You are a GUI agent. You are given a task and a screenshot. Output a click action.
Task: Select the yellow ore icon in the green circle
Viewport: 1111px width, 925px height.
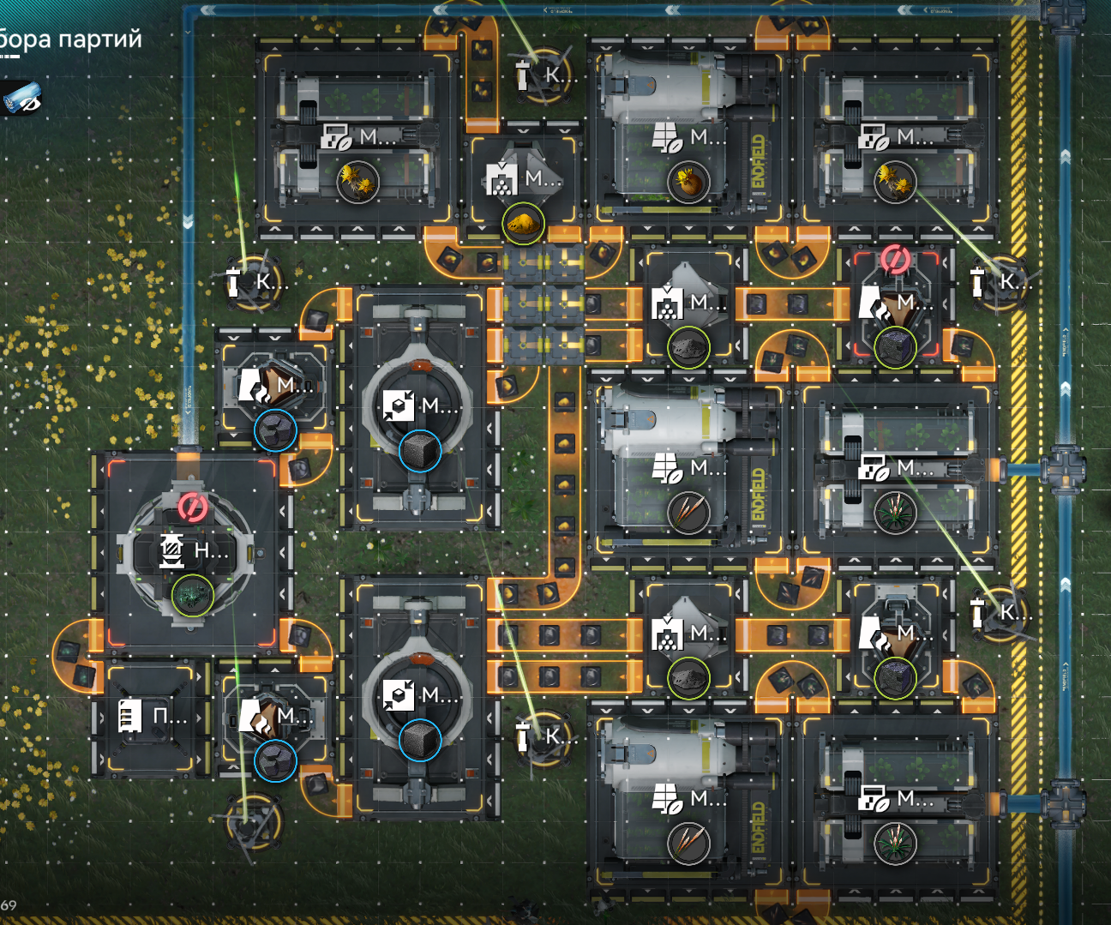pyautogui.click(x=523, y=225)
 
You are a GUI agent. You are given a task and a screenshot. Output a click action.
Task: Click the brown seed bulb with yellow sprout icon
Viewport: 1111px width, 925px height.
pyautogui.click(x=688, y=182)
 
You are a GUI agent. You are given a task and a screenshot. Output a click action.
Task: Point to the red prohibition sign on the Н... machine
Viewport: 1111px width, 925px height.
pyautogui.click(x=192, y=507)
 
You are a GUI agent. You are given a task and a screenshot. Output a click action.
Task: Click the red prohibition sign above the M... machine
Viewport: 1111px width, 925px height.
pyautogui.click(x=895, y=259)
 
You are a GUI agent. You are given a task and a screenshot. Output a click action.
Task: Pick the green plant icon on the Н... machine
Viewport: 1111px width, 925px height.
pyautogui.click(x=192, y=594)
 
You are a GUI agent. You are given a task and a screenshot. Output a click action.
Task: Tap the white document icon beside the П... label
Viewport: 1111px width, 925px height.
pyautogui.click(x=129, y=715)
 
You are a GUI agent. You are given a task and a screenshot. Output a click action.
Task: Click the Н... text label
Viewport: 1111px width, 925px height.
pyautogui.click(x=211, y=550)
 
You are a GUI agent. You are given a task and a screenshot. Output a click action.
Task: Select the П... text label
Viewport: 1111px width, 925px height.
pyautogui.click(x=169, y=716)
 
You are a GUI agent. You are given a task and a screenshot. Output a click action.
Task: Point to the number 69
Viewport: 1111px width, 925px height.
pyautogui.click(x=9, y=905)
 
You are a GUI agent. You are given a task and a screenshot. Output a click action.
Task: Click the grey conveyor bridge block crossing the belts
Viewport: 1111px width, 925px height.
pyautogui.click(x=543, y=304)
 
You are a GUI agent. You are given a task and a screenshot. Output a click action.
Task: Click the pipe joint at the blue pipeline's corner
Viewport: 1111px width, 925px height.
pyautogui.click(x=1064, y=12)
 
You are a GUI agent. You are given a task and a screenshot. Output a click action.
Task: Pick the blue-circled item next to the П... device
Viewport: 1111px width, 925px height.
pyautogui.click(x=275, y=760)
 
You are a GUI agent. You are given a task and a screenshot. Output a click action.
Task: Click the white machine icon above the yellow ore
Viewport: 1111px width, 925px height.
pyautogui.click(x=501, y=178)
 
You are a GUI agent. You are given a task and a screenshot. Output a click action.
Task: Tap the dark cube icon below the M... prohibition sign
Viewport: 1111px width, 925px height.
pyautogui.click(x=895, y=347)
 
